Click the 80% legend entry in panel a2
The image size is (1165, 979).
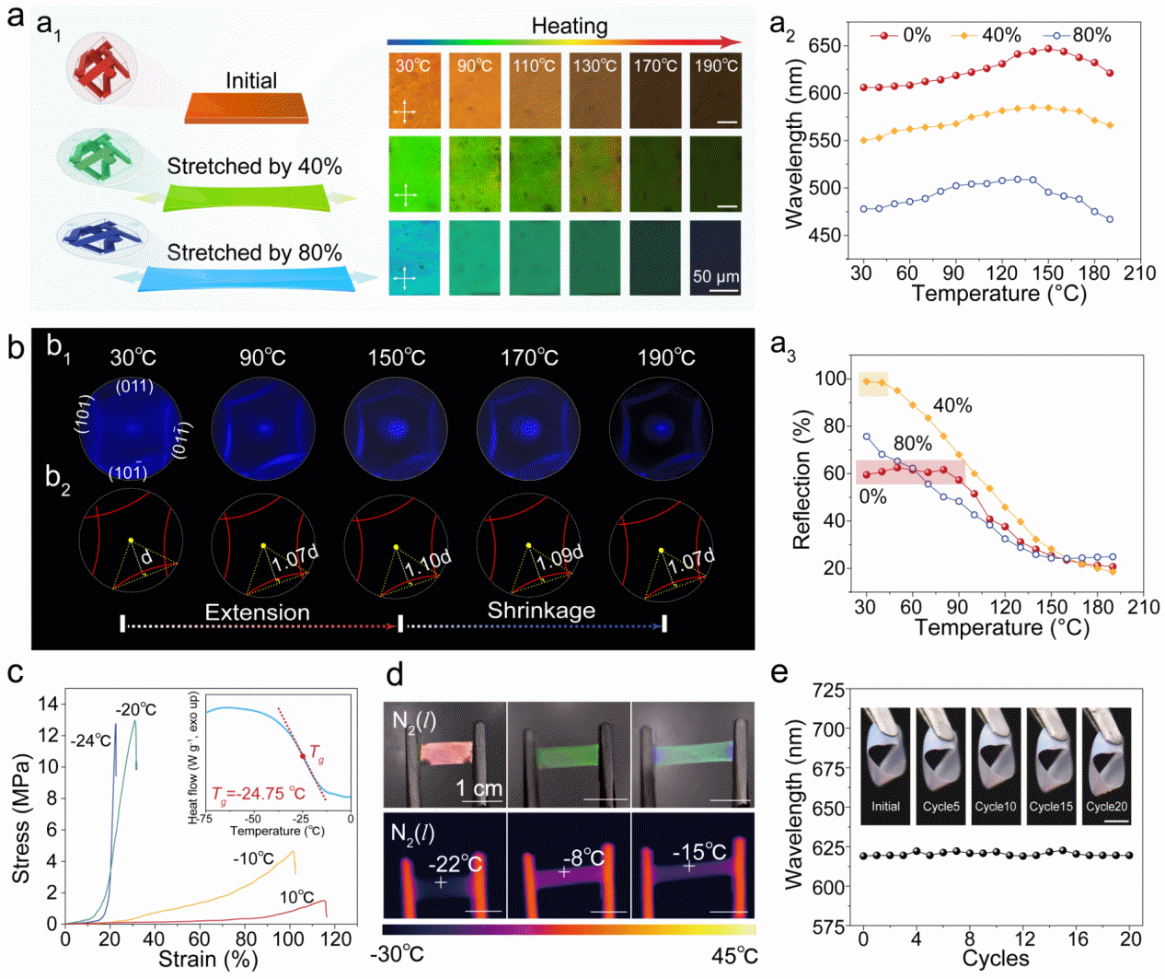(x=1091, y=35)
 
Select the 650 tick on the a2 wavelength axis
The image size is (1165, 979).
(x=825, y=45)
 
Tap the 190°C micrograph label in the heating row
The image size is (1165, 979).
(x=716, y=65)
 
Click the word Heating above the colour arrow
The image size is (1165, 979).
(x=569, y=26)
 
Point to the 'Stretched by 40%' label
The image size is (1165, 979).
(x=254, y=167)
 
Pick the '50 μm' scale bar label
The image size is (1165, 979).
(x=715, y=276)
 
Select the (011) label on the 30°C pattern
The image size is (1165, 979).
(x=134, y=386)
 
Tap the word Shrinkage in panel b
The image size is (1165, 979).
(x=541, y=611)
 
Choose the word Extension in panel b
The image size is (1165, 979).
(x=257, y=613)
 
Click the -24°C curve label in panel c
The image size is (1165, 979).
(x=90, y=740)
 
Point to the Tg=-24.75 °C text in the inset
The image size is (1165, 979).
(x=258, y=794)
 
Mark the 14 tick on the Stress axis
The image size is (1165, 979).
(x=48, y=704)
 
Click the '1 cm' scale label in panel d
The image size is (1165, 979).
(x=479, y=788)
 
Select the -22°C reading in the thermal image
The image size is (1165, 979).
(x=455, y=864)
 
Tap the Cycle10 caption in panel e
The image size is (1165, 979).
(x=996, y=806)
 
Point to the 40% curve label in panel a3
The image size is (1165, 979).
(x=952, y=405)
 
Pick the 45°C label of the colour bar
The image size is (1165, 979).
(x=734, y=954)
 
